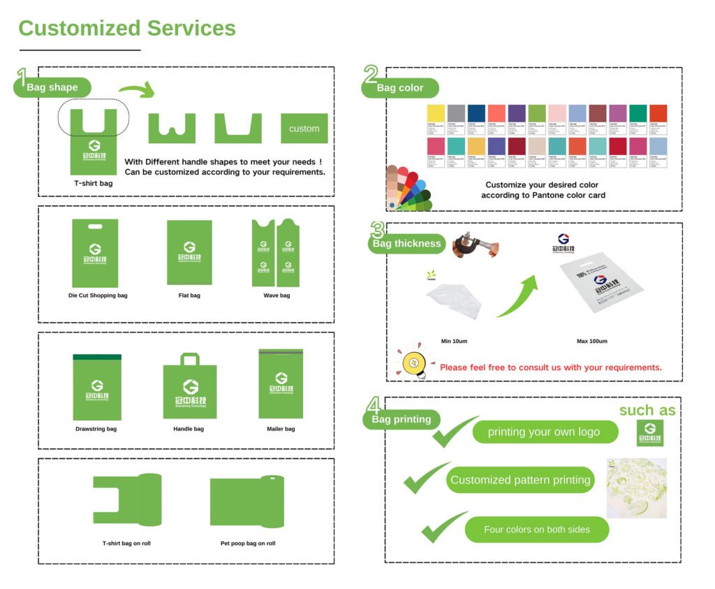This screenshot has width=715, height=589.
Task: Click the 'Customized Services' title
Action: tap(127, 29)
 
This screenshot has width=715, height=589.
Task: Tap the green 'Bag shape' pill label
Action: tap(52, 87)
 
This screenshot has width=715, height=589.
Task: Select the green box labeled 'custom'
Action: tap(304, 129)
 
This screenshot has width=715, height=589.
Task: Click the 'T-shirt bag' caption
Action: tap(93, 184)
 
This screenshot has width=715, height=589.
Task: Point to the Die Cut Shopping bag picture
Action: tap(95, 253)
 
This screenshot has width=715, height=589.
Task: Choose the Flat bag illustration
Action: tap(189, 252)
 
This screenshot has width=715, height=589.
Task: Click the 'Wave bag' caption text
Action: tap(276, 296)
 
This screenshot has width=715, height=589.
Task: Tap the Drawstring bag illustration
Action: tap(96, 387)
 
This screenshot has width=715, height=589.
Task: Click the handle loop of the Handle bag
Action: tap(190, 359)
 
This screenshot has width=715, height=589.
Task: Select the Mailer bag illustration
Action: tap(281, 384)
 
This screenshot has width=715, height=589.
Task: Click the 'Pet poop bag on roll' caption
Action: tap(248, 543)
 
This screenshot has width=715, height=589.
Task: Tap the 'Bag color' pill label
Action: tap(401, 88)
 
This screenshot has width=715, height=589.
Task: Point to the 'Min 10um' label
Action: tap(454, 341)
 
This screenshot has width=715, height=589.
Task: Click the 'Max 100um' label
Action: tap(591, 341)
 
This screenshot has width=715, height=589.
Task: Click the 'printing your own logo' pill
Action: tap(544, 432)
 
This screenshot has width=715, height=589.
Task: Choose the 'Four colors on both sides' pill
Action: tap(536, 530)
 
